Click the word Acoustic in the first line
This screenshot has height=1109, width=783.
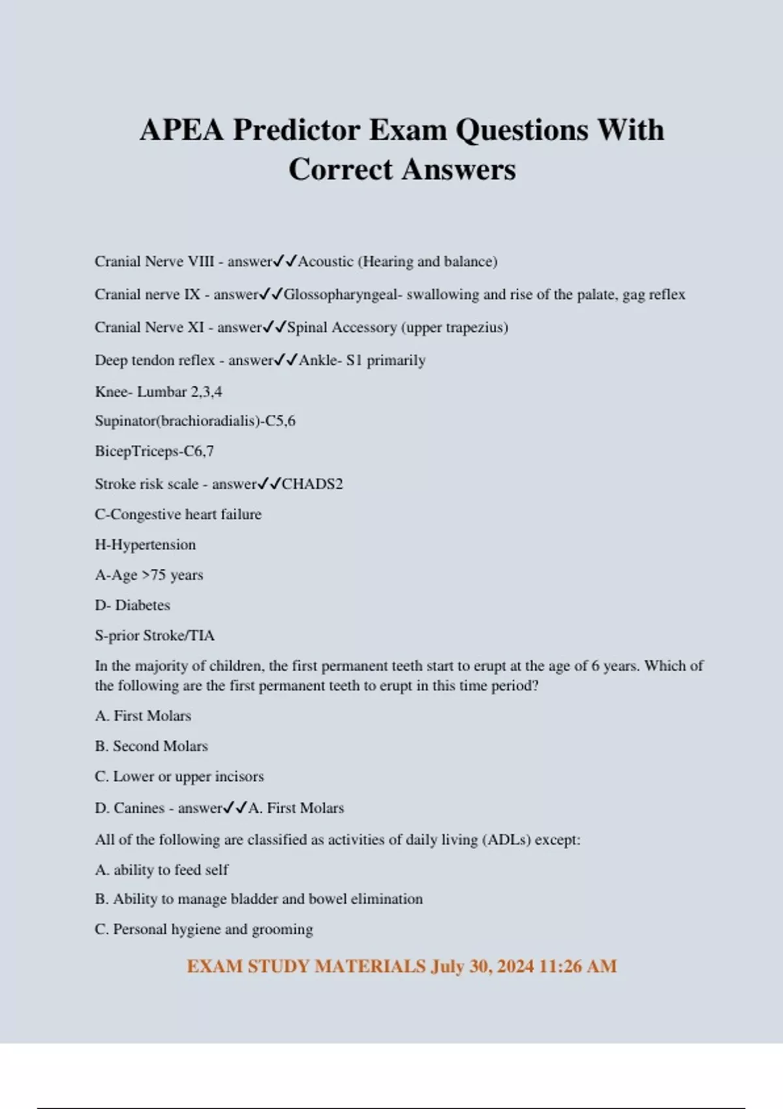coord(326,262)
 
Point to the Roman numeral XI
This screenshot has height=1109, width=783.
coord(196,327)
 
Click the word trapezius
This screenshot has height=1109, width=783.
coord(476,327)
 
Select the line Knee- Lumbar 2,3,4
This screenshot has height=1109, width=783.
coord(159,391)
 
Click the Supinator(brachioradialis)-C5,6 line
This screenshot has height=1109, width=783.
coord(195,421)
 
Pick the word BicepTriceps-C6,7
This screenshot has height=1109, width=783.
coord(154,451)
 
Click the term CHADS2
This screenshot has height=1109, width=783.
coord(312,484)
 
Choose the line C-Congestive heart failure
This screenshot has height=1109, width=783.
coord(178,514)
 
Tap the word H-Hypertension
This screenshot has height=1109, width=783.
coord(145,545)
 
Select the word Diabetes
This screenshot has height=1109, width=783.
coord(142,605)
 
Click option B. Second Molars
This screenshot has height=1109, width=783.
coord(151,746)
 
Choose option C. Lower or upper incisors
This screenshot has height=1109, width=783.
coord(179,776)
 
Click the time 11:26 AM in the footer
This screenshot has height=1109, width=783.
coord(578,966)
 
